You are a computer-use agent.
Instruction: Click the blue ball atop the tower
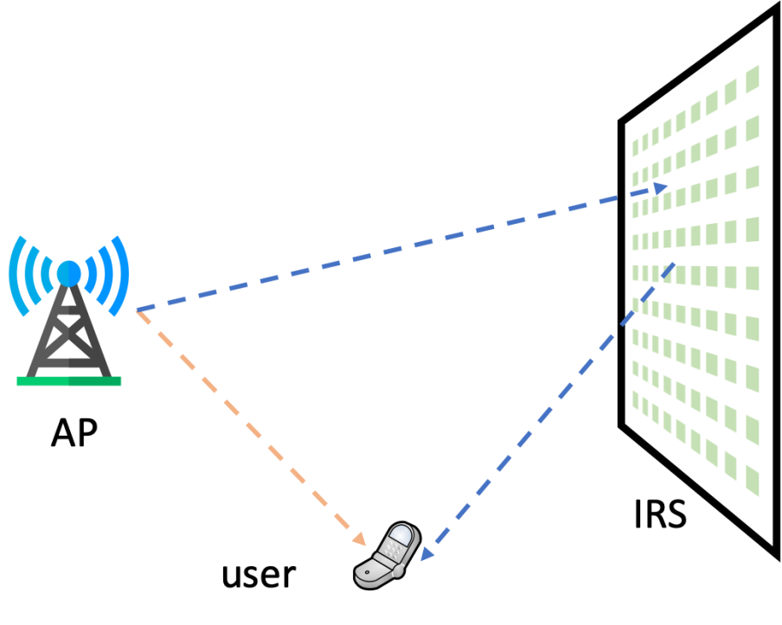coord(69,273)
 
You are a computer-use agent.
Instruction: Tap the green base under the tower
coord(69,381)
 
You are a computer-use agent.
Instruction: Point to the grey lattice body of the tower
coord(69,333)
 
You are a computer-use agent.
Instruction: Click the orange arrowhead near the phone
coord(360,540)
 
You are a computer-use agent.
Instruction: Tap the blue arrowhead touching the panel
coord(660,188)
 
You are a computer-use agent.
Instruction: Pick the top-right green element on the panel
coord(753,79)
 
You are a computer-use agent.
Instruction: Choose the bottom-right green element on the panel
coord(753,481)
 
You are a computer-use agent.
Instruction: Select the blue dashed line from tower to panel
coord(389,251)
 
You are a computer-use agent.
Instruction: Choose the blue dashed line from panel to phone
coord(554,406)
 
